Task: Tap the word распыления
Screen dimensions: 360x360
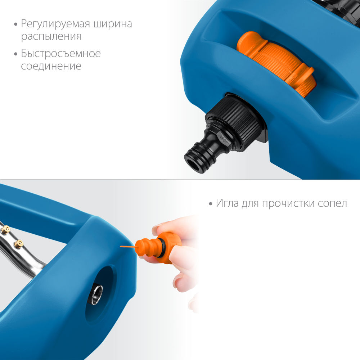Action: (x=51, y=37)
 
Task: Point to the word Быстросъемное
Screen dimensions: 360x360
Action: (x=60, y=54)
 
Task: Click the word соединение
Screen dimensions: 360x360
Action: (x=51, y=67)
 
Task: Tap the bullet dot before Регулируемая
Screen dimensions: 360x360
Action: (x=15, y=25)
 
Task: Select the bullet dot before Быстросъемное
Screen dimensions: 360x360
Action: (x=15, y=54)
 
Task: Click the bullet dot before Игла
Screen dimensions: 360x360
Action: (x=211, y=204)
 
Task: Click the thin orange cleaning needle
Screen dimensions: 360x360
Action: (x=128, y=247)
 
